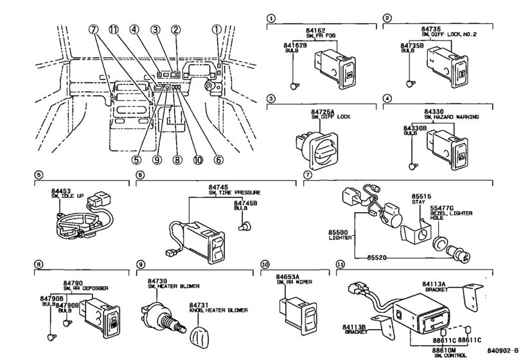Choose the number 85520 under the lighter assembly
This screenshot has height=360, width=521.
click(x=377, y=257)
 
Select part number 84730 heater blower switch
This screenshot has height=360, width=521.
click(x=157, y=281)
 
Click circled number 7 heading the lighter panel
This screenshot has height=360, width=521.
click(x=307, y=175)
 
